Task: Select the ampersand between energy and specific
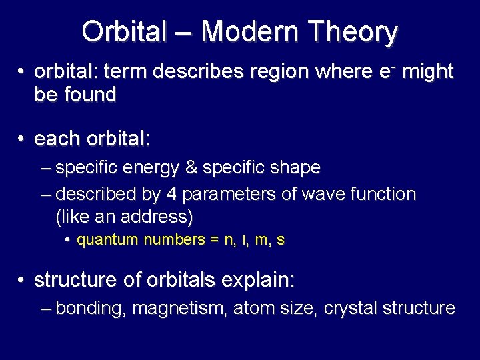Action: [191, 168]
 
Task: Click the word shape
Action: [296, 168]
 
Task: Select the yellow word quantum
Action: [107, 240]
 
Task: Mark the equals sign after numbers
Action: [214, 240]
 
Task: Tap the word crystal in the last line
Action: [348, 308]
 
